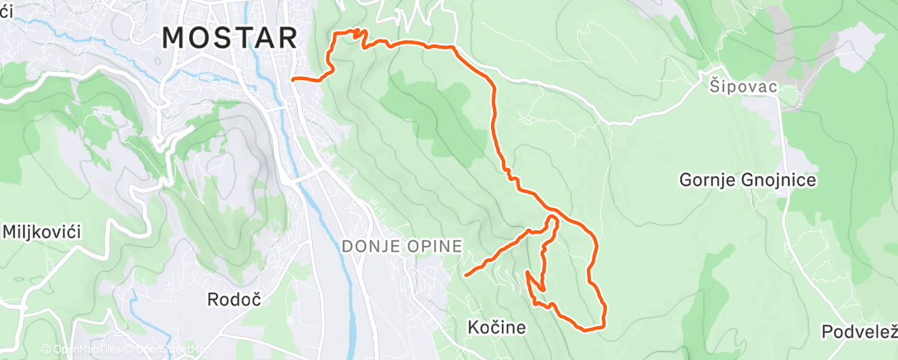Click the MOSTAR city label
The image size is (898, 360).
pyautogui.click(x=229, y=38)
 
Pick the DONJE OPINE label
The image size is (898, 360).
pyautogui.click(x=401, y=245)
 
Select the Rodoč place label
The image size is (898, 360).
pyautogui.click(x=234, y=299)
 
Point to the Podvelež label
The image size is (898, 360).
pyautogui.click(x=859, y=332)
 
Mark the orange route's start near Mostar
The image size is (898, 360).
pyautogui.click(x=294, y=79)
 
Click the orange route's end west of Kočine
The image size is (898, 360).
pyautogui.click(x=466, y=274)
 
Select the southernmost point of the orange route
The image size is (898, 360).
pyautogui.click(x=588, y=330)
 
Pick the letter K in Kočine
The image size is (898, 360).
pyautogui.click(x=472, y=328)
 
